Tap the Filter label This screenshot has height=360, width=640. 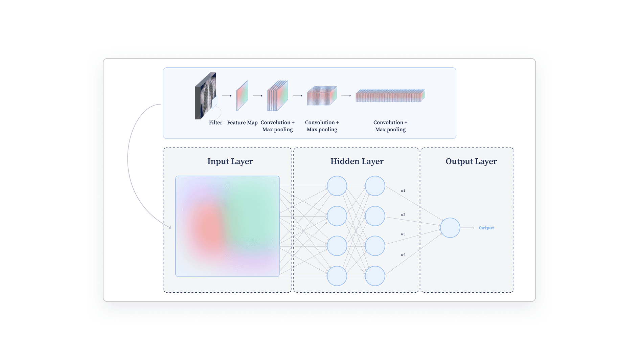215,122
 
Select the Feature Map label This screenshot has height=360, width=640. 242,122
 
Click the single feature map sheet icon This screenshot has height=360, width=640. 242,96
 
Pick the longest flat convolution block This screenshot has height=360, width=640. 390,96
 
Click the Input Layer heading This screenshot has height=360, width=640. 230,161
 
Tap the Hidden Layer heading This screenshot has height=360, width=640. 357,161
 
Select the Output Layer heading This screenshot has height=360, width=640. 471,161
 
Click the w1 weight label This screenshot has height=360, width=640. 403,191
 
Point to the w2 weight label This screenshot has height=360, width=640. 403,215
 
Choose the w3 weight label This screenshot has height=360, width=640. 403,234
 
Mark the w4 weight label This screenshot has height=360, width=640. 403,255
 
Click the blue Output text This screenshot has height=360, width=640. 486,228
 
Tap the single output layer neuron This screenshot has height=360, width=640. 450,228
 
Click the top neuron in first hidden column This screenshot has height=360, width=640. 337,186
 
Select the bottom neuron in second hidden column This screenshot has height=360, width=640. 375,276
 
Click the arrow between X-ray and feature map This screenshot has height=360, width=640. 227,96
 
